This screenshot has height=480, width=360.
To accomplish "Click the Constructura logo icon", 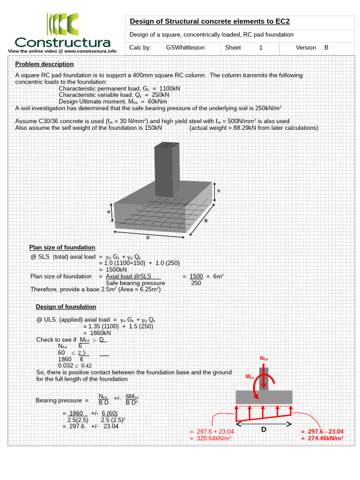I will tap(62, 24).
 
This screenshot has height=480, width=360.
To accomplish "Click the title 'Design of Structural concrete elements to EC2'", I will tap(210, 21).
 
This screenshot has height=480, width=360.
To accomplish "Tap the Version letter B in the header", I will tap(326, 47).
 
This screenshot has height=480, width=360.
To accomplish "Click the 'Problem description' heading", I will tap(44, 64).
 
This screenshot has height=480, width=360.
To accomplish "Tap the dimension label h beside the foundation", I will tap(218, 191).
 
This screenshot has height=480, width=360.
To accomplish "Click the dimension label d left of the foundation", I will tap(108, 212).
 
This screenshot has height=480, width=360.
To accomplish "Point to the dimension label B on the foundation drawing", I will tap(205, 220).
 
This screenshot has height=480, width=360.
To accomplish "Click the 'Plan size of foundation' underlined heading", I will tap(62, 247).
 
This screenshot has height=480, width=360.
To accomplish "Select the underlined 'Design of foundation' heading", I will tap(66, 307).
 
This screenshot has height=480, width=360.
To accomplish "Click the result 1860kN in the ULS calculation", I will tap(100, 333).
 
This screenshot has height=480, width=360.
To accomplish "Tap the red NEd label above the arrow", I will tap(264, 359).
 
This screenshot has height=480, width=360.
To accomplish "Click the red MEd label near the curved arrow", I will tap(250, 376).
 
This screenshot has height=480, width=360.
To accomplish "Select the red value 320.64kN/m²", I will tap(210, 438).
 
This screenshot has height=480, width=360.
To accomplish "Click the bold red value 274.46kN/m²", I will tap(322, 438).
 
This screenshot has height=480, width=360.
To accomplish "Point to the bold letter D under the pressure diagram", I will tap(263, 429).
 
